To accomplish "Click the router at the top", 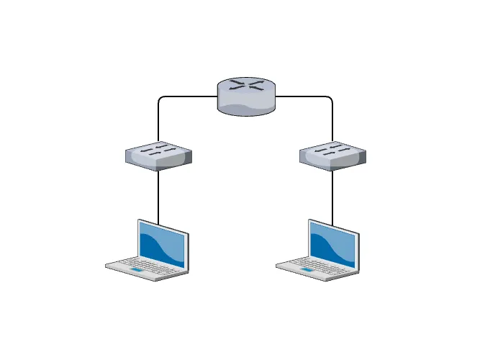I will (245, 96).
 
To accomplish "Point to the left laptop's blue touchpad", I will (136, 271).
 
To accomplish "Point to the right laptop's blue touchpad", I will (307, 271).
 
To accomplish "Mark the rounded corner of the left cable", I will (160, 99).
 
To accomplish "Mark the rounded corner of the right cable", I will (330, 99).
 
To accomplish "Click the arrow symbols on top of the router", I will (245, 86).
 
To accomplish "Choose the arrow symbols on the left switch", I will (158, 150).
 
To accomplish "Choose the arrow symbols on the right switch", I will (332, 150).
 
